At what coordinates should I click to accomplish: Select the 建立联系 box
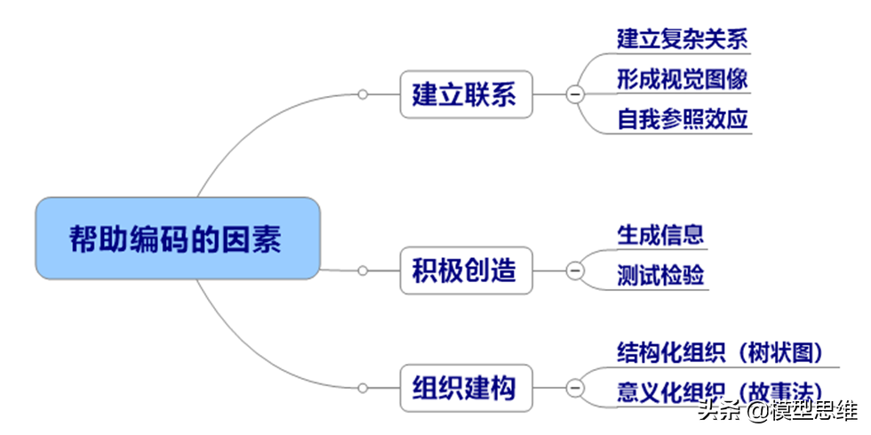[x=466, y=94]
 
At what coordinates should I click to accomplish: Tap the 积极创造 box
[x=466, y=270]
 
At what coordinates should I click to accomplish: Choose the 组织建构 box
[x=466, y=388]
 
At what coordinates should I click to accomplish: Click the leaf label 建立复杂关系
[x=683, y=39]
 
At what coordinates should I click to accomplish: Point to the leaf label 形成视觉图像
[x=683, y=79]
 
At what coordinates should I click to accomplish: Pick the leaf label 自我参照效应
[x=683, y=119]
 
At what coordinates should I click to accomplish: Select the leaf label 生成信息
[x=660, y=235]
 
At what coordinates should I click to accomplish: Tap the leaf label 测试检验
[x=660, y=276]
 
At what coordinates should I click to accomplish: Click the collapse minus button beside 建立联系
[x=575, y=94]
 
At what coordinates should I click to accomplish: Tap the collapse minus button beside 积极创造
[x=575, y=270]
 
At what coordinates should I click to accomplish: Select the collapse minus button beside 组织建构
[x=575, y=388]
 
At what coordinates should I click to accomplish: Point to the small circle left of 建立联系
[x=363, y=94]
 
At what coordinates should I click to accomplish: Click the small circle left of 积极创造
[x=363, y=270]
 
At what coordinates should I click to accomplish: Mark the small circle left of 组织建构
[x=363, y=388]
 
